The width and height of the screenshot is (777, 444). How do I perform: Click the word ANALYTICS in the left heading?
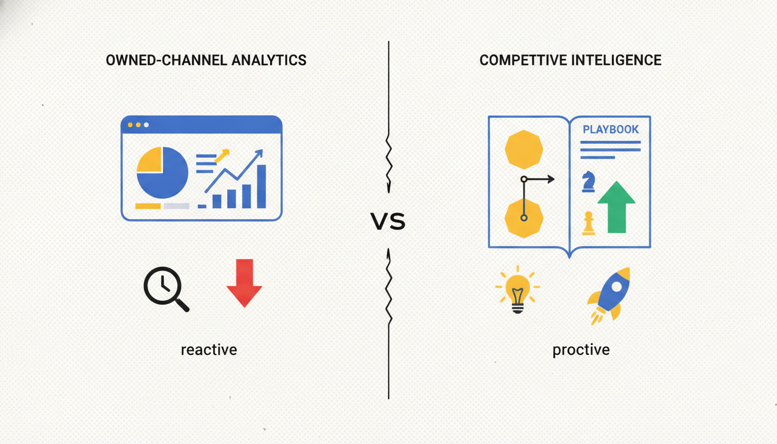click(x=269, y=60)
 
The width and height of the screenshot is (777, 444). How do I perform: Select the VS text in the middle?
click(x=388, y=221)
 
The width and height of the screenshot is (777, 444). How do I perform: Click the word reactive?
click(x=209, y=350)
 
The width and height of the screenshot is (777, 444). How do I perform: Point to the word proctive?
click(x=581, y=350)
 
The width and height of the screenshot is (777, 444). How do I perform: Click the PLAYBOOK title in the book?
click(x=610, y=129)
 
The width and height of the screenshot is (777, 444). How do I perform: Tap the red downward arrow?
click(x=244, y=283)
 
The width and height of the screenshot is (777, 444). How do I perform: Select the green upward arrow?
click(x=616, y=207)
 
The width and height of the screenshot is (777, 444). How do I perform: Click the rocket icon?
click(x=609, y=295)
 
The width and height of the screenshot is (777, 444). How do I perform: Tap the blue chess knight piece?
click(x=589, y=182)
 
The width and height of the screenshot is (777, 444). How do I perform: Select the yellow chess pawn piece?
click(x=589, y=223)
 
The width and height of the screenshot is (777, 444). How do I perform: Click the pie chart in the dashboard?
click(x=162, y=172)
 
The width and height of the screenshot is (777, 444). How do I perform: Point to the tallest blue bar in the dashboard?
click(x=261, y=186)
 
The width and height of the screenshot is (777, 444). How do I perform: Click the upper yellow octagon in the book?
click(x=524, y=150)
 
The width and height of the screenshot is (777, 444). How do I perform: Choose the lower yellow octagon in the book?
click(x=524, y=219)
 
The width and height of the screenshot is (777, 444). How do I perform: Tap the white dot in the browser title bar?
click(x=146, y=125)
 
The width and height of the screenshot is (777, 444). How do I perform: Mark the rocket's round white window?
click(x=617, y=287)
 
